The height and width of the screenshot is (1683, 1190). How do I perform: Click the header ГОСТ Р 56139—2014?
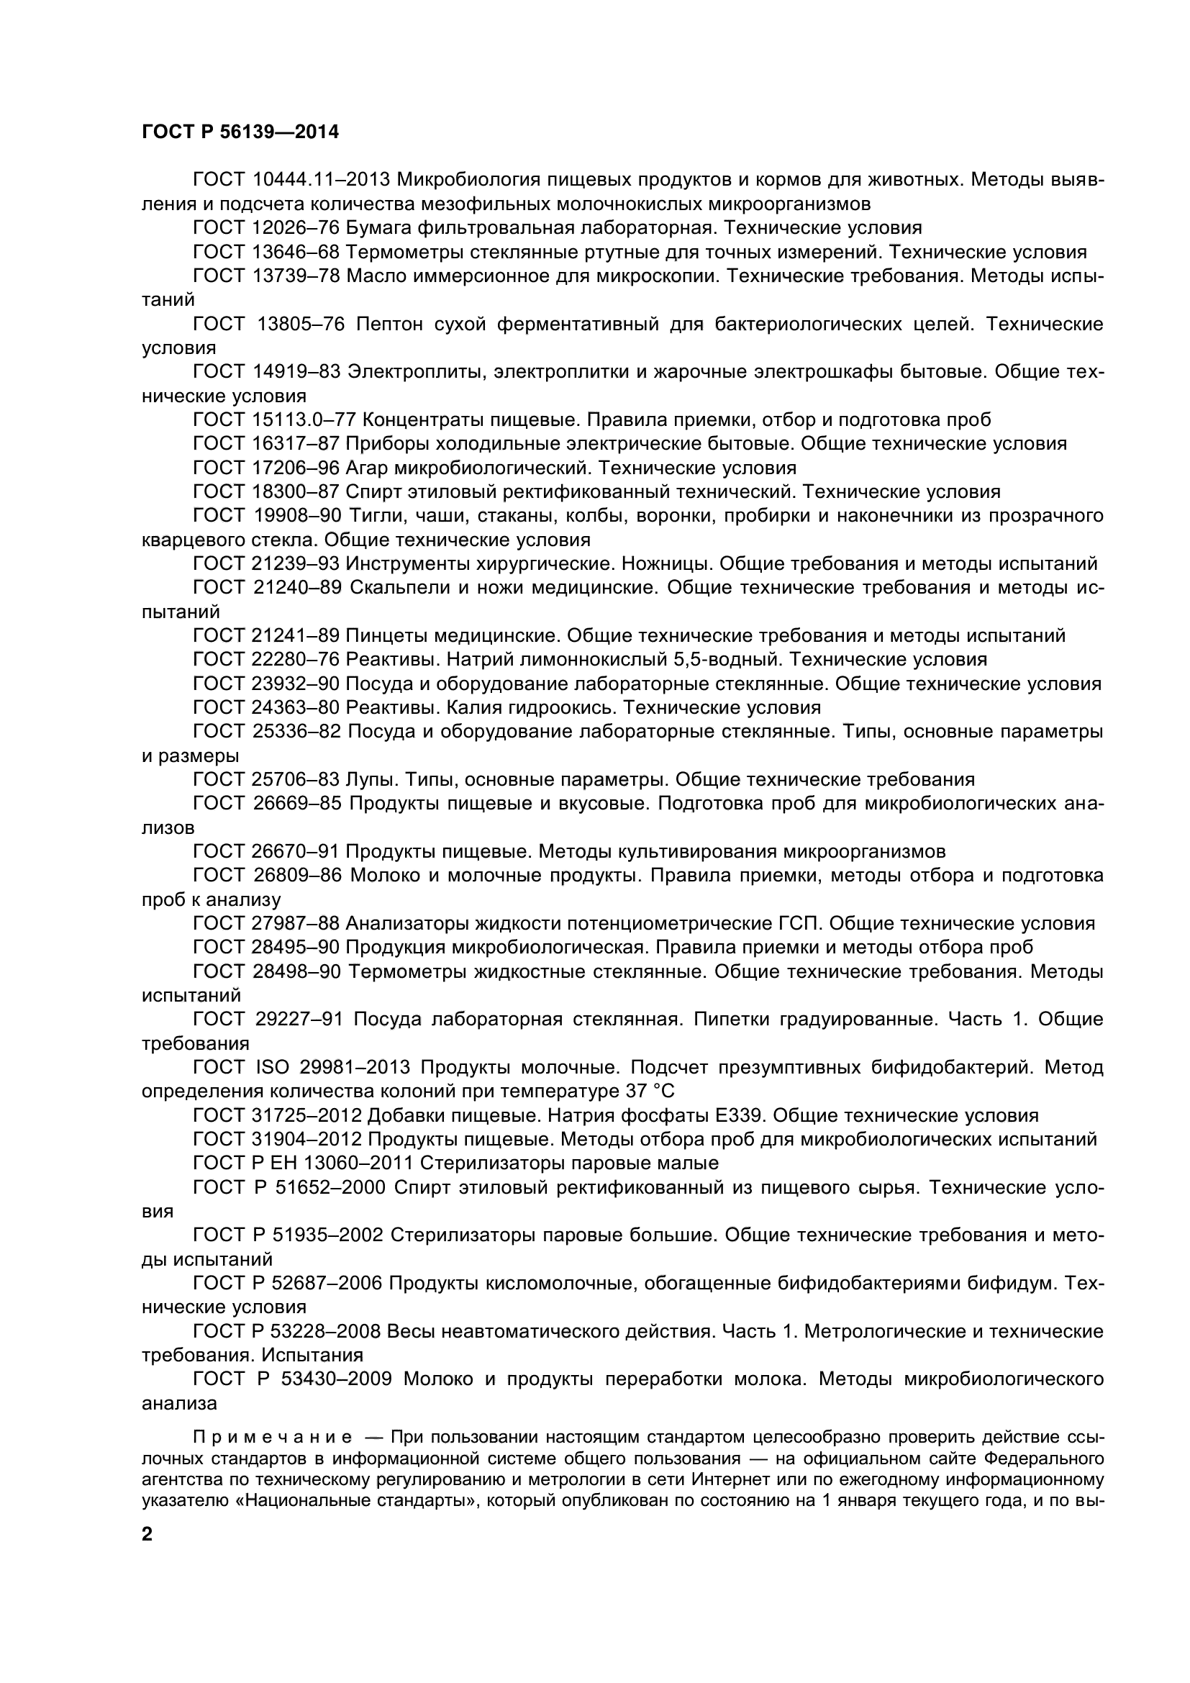(x=240, y=132)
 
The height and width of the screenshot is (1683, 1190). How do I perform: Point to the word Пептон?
(x=389, y=324)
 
